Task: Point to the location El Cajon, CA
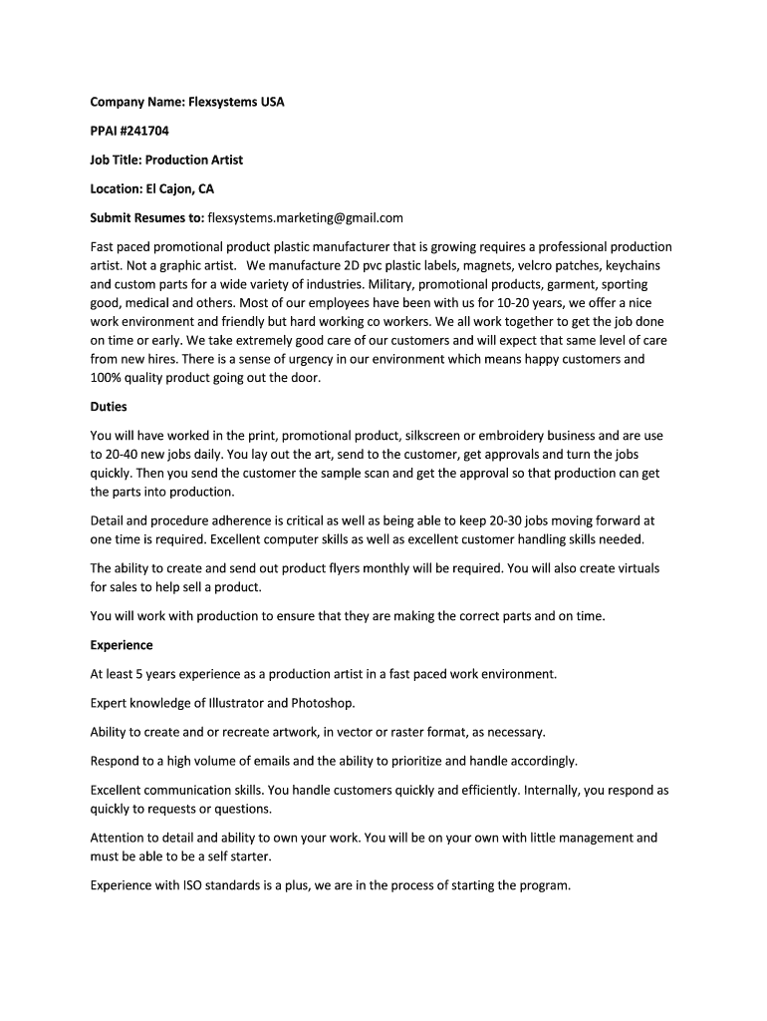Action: point(180,188)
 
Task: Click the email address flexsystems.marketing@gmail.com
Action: point(305,217)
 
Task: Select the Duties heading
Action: point(109,407)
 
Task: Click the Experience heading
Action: point(122,645)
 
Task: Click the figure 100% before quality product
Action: point(107,378)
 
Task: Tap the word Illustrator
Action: point(234,703)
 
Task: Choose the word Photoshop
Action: point(323,703)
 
